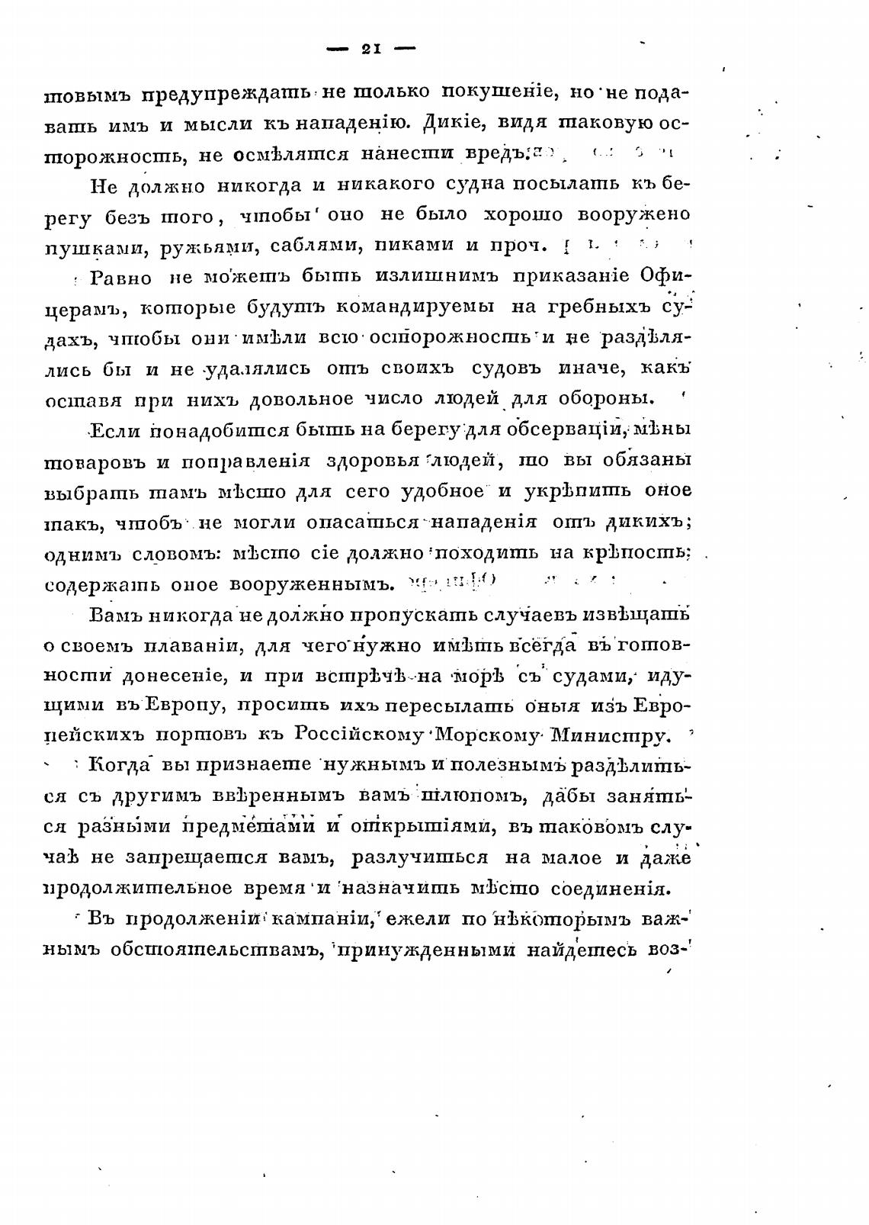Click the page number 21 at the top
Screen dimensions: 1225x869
click(370, 50)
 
